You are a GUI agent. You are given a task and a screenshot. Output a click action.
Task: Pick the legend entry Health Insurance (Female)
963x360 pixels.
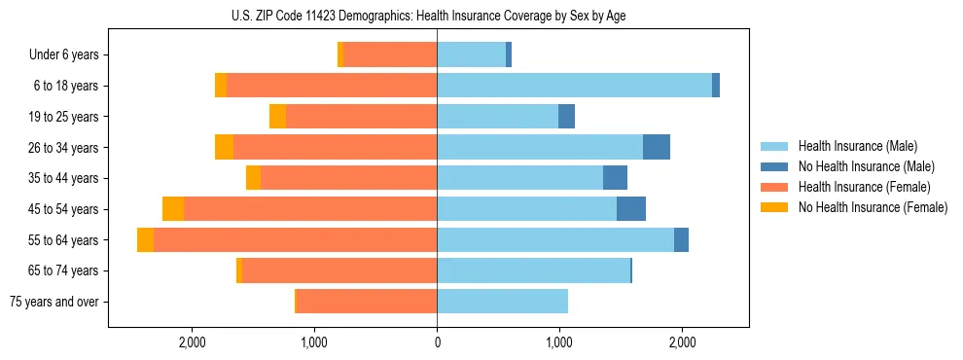pyautogui.click(x=857, y=187)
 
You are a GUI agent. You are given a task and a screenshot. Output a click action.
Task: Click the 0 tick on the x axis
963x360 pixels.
pyautogui.click(x=437, y=342)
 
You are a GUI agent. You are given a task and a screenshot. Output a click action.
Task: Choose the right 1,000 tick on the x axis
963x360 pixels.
pyautogui.click(x=559, y=342)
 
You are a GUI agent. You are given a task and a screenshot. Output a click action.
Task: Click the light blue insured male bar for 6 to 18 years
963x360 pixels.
pyautogui.click(x=574, y=86)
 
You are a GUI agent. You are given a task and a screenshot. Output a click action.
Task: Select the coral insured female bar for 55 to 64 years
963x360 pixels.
pyautogui.click(x=295, y=240)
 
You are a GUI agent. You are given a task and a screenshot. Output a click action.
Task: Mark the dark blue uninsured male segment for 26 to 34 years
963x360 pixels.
pyautogui.click(x=657, y=147)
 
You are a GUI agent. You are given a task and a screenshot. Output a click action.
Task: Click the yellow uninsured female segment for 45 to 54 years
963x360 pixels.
pyautogui.click(x=173, y=209)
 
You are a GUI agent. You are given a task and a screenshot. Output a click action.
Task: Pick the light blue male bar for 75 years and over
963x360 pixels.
pyautogui.click(x=502, y=302)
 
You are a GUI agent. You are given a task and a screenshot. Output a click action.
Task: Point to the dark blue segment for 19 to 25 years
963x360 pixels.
pyautogui.click(x=566, y=117)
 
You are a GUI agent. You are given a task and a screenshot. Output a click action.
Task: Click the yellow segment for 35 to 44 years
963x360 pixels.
pyautogui.click(x=253, y=178)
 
